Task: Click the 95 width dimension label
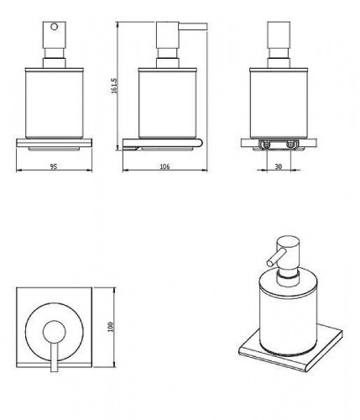click(x=53, y=167)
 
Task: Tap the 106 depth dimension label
click(x=164, y=167)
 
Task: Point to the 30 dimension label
click(x=277, y=167)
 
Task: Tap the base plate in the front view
click(x=53, y=143)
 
